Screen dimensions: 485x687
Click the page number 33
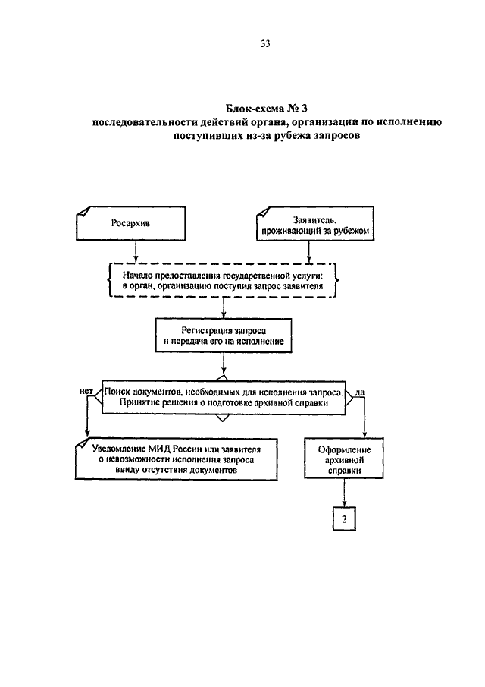tap(265, 43)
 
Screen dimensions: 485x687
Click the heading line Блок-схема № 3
tap(267, 108)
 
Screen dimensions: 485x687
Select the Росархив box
tap(131, 223)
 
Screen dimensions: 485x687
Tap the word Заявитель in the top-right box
tap(315, 220)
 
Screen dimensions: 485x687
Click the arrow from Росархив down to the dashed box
tap(136, 251)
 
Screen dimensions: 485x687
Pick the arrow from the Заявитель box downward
tap(308, 251)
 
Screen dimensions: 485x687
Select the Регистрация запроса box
tap(224, 336)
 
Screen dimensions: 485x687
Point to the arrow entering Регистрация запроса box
tap(224, 308)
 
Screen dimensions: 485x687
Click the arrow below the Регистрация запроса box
tap(224, 364)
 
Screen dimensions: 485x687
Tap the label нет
tap(86, 391)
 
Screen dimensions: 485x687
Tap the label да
tap(359, 392)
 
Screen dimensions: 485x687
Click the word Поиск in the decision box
tap(117, 392)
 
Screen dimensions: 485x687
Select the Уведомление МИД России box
tap(177, 459)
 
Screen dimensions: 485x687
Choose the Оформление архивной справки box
tap(344, 459)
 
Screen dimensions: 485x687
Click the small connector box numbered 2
tap(344, 519)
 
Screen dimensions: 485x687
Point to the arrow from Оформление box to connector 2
tap(344, 493)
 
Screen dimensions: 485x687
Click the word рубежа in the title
tap(294, 136)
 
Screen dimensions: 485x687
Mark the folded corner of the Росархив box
tap(83, 211)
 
